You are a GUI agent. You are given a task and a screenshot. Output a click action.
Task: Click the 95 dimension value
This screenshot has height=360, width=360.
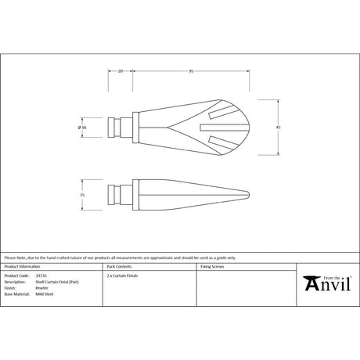190,70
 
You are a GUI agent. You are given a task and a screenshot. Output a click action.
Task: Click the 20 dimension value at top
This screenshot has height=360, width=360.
120,70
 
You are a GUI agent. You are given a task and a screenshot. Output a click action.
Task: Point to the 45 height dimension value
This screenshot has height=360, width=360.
278,127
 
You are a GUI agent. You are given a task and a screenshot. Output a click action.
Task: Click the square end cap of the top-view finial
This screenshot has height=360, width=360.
118,127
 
